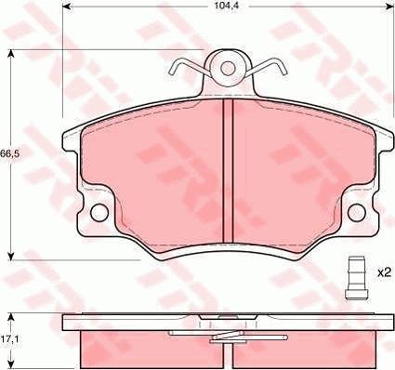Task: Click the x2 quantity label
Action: pyautogui.click(x=382, y=273)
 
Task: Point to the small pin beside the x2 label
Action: pyautogui.click(x=352, y=276)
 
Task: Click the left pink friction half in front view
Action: pyautogui.click(x=153, y=177)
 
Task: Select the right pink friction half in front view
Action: pyautogui.click(x=302, y=177)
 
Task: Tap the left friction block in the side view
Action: pyautogui.click(x=139, y=348)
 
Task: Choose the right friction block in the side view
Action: pyautogui.click(x=311, y=348)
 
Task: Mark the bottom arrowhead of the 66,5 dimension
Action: pyautogui.click(x=10, y=256)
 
